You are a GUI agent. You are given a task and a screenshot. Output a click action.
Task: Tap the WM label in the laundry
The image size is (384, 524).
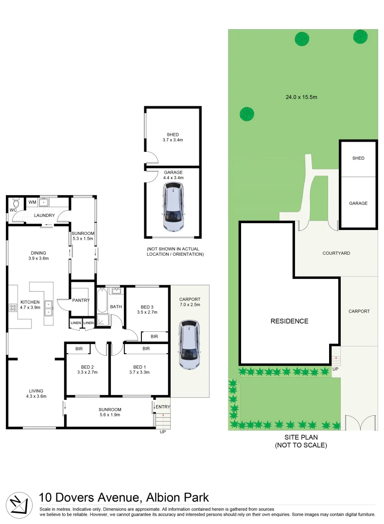pos(33,202)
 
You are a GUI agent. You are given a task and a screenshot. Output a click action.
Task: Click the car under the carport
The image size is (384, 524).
pos(189,345)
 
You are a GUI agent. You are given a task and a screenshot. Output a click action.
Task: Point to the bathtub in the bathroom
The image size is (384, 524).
pos(102,301)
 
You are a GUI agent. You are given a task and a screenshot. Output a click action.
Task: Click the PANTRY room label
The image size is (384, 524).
pos(81,300)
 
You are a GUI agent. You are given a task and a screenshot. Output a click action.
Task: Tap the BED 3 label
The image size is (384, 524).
pos(146,307)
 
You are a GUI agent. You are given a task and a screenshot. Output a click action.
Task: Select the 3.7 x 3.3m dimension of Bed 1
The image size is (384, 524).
pos(139,373)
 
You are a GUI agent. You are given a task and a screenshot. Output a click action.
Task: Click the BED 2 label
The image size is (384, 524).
pos(87,367)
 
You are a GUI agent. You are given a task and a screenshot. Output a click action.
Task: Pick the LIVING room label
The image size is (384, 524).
pos(35,391)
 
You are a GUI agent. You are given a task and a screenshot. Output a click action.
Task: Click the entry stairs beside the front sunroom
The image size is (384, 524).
pos(163,419)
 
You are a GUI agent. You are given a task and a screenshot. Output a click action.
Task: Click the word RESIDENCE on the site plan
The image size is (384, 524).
pos(289,321)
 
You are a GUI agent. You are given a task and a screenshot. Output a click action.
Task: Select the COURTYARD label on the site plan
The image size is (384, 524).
pos(336,253)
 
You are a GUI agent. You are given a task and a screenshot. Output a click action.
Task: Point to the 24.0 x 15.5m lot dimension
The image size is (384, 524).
pos(301,97)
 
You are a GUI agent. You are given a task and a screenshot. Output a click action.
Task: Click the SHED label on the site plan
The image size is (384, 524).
pos(358,158)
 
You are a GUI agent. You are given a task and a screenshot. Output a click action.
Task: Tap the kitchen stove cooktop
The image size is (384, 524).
pos(13,308)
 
